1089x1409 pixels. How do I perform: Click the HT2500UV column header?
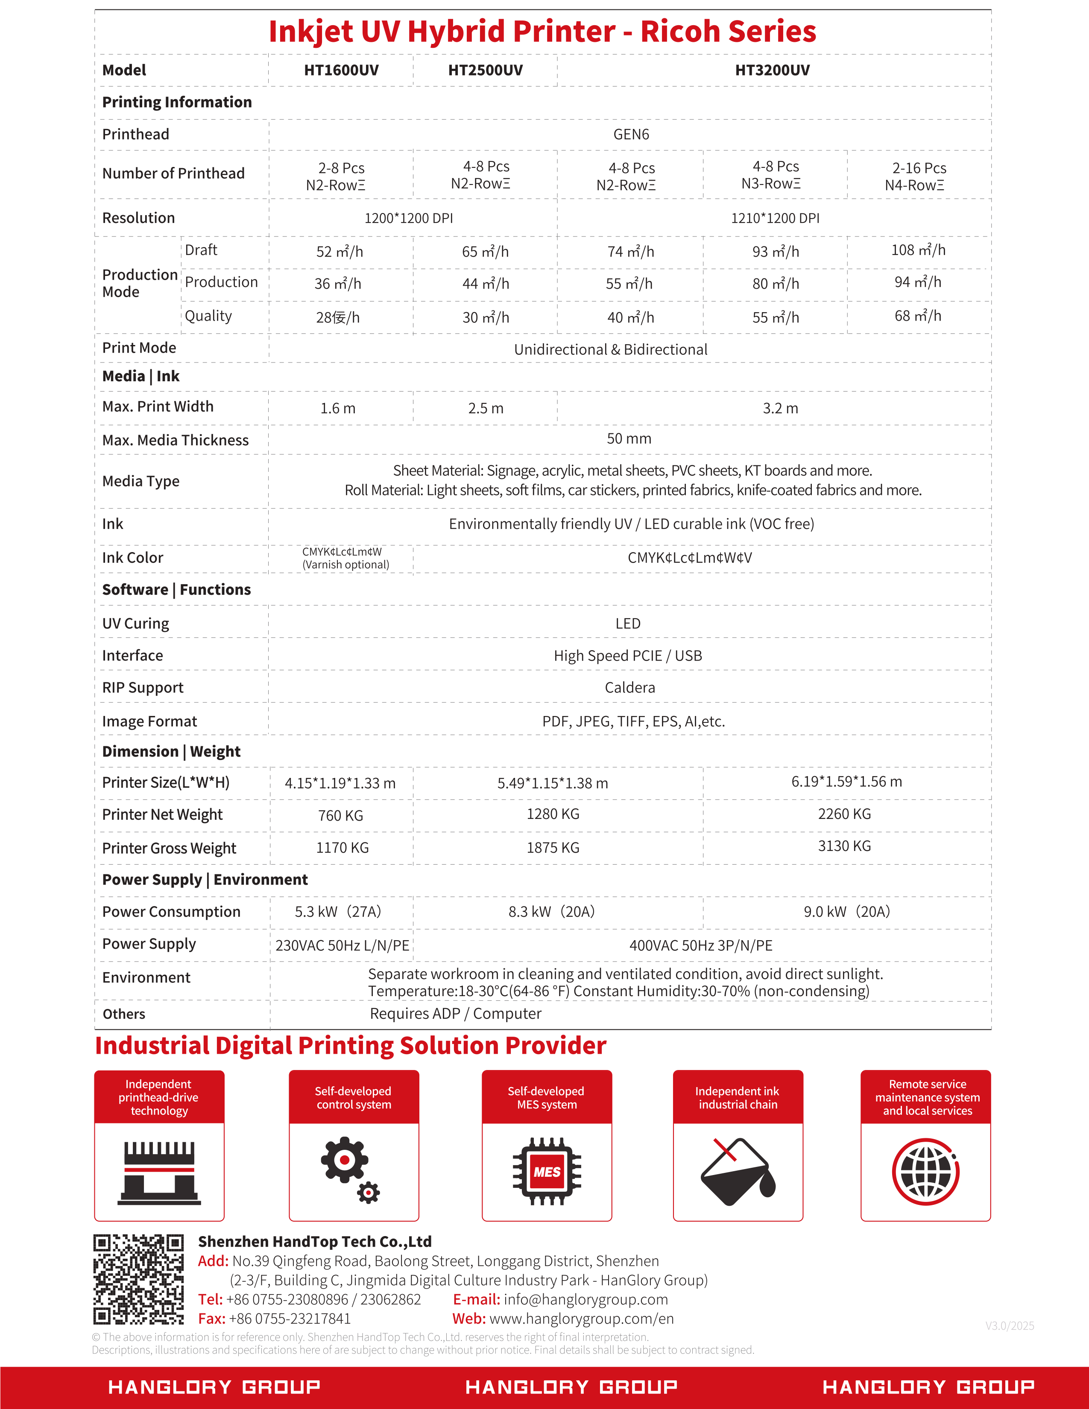485,70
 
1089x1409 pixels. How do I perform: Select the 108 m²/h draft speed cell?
918,250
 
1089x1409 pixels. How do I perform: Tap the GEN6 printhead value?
630,134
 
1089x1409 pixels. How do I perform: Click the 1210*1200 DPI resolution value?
775,218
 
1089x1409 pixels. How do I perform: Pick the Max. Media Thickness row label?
175,440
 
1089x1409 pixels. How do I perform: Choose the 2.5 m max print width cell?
485,408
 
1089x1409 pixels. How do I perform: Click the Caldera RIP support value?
629,688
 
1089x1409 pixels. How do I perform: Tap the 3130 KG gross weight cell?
844,846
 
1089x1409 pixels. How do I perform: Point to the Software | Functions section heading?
176,590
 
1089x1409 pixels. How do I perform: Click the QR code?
138,1279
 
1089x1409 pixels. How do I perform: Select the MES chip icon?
547,1172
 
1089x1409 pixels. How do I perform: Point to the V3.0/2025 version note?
1009,1326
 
